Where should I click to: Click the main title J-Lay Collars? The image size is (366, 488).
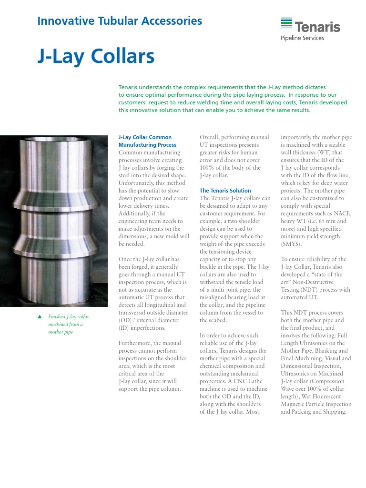click(x=96, y=57)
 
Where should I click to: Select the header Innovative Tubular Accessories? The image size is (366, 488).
click(x=120, y=21)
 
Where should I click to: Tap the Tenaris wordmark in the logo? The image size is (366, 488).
click(x=317, y=27)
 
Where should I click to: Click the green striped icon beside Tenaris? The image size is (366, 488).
click(x=286, y=24)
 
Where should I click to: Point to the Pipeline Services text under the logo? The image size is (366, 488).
click(x=302, y=38)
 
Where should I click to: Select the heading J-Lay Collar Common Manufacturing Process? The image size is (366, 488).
click(x=147, y=141)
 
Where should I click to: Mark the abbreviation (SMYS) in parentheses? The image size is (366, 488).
click(x=291, y=244)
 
